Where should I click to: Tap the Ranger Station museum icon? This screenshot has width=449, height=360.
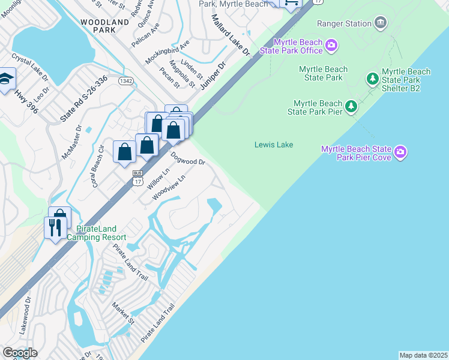380,23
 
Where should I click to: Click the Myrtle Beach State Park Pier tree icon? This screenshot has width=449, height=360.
351,106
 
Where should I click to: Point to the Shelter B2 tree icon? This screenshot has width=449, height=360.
372,79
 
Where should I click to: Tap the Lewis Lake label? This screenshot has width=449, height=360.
273,145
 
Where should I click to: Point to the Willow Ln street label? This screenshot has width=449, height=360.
155,179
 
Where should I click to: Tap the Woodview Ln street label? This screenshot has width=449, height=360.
169,187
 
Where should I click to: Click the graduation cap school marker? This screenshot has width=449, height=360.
5,79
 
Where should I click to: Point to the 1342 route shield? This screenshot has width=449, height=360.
125,81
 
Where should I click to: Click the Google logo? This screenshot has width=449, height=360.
20,353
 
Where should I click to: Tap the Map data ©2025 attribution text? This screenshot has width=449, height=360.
423,355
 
